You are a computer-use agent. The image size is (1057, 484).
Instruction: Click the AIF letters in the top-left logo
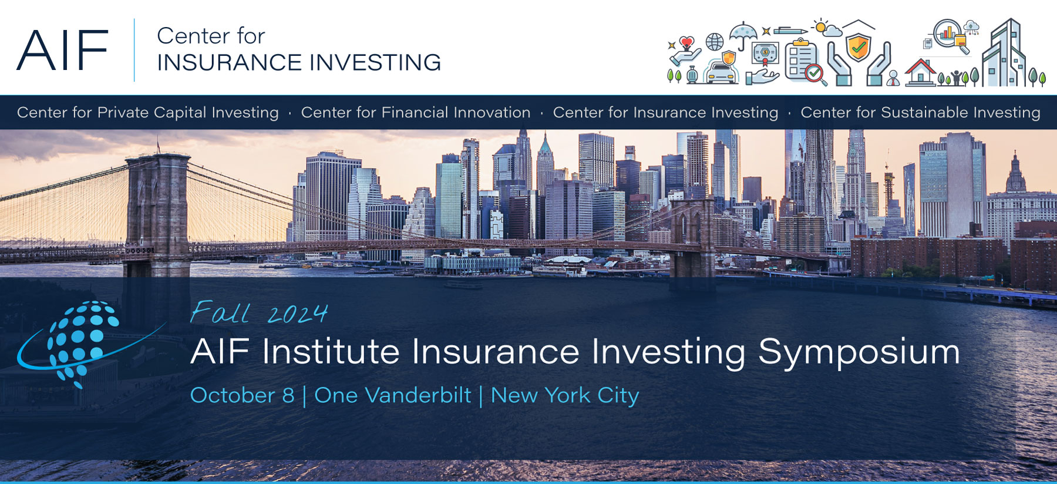tap(62, 51)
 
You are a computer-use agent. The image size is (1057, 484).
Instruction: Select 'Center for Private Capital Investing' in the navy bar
tap(148, 112)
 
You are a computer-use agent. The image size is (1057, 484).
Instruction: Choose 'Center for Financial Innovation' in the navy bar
tap(416, 112)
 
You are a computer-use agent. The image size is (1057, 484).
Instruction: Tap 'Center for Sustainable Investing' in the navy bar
tap(920, 112)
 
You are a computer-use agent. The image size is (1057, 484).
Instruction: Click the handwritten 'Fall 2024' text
tap(258, 312)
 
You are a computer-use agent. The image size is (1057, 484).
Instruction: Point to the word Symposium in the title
tap(859, 352)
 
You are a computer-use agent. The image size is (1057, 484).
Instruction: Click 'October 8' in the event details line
tap(242, 395)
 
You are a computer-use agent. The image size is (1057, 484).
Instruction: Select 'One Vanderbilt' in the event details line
tap(393, 395)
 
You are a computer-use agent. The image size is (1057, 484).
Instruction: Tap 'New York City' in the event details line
tap(565, 396)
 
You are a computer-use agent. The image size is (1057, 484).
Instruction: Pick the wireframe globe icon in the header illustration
tap(715, 42)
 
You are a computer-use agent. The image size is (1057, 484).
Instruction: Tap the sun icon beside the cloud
tap(820, 26)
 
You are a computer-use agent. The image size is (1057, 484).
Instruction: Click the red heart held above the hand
tap(686, 43)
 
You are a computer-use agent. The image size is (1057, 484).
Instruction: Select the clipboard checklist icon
tap(802, 60)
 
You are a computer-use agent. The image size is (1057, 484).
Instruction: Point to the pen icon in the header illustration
tap(791, 31)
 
